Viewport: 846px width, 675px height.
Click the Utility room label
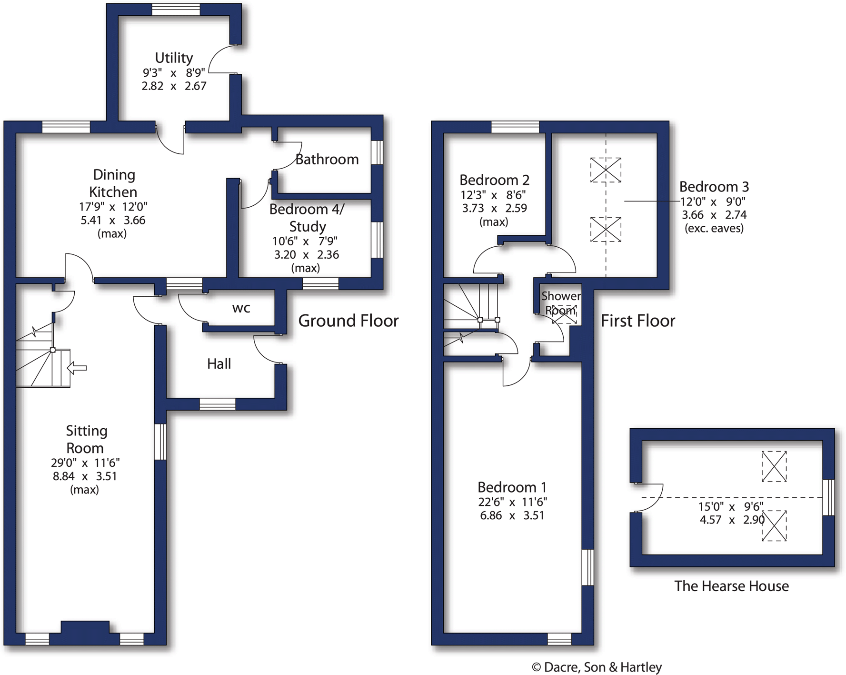coord(174,58)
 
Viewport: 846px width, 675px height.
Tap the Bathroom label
coord(327,159)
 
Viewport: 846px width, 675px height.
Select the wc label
coord(241,309)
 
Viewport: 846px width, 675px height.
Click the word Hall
coord(219,364)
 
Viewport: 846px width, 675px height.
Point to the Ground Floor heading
coord(348,321)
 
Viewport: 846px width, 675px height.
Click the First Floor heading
coord(638,321)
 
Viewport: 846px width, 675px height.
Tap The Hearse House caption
coord(731,586)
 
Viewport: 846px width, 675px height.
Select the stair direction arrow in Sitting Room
coord(77,368)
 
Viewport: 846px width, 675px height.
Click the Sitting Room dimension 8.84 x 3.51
coord(85,476)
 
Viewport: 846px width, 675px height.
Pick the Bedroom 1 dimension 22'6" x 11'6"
coord(512,502)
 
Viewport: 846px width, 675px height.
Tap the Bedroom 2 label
coord(494,180)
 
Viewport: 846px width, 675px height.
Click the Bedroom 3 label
coord(714,187)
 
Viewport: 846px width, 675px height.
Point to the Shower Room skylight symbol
coord(564,314)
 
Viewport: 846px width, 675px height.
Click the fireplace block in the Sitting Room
coord(85,627)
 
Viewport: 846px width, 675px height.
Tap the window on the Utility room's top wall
coord(176,10)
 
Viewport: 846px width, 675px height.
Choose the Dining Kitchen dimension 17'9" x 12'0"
coord(113,207)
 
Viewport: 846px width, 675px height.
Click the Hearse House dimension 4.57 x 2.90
coord(732,520)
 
